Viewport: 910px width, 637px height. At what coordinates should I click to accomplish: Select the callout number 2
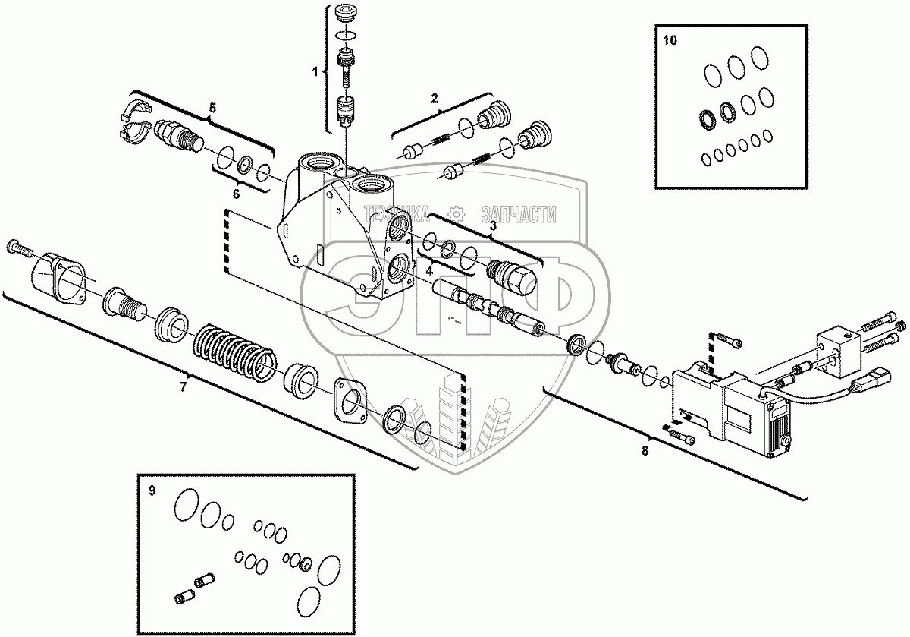435,97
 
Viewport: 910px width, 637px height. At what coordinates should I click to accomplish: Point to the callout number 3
492,225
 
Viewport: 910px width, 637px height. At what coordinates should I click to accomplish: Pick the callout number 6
235,194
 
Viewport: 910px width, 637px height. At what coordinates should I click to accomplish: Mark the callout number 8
645,451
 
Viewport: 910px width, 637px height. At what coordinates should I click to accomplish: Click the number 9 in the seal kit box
152,490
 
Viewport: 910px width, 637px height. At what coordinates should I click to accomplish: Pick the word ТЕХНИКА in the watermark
397,215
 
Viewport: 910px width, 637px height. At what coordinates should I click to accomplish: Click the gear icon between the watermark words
456,214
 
